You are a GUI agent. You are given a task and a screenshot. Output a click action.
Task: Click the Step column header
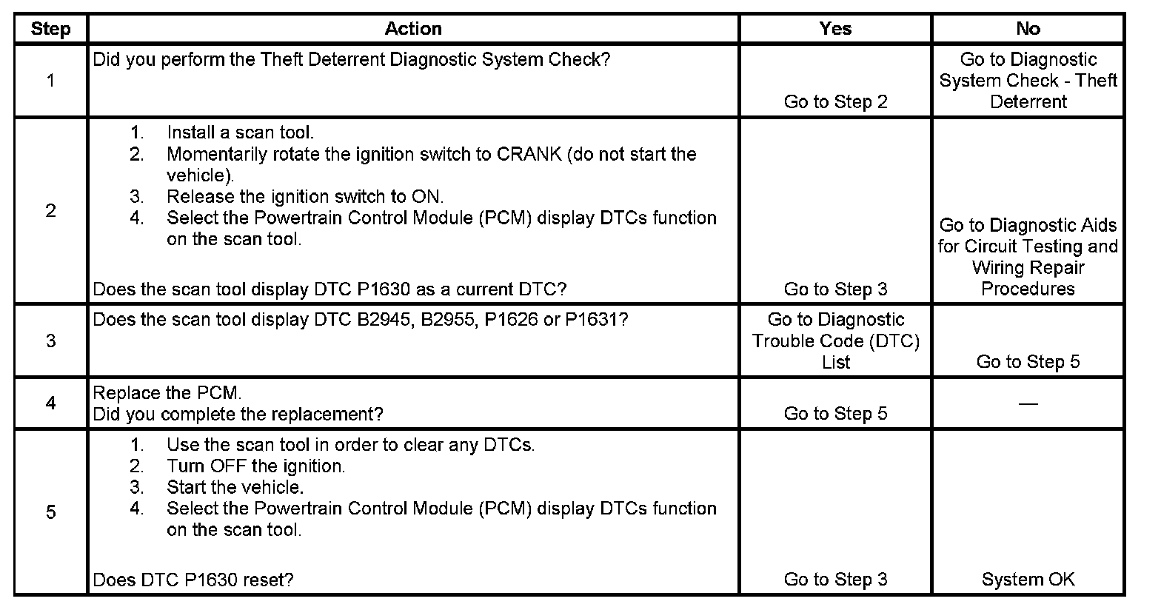point(50,29)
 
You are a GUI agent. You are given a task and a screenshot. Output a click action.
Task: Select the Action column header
point(413,29)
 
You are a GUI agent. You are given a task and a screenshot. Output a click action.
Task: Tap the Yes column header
point(835,29)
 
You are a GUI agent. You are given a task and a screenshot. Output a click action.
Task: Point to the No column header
point(1028,29)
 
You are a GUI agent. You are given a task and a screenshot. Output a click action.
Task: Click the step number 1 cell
point(50,80)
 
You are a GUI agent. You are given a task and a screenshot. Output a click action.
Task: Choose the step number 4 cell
point(50,403)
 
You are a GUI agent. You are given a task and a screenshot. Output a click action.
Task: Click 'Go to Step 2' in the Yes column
point(835,101)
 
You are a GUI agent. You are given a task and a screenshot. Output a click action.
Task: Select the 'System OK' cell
point(1028,580)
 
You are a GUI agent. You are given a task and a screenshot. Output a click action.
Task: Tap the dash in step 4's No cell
point(1028,404)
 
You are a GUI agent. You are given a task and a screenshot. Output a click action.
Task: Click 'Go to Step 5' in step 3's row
point(1028,362)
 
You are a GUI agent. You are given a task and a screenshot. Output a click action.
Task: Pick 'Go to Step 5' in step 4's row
point(835,414)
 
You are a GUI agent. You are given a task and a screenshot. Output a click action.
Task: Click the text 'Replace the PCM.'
point(167,393)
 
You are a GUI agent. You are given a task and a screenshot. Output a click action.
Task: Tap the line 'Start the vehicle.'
point(235,488)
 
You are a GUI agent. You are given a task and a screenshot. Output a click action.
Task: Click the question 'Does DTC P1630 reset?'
point(193,580)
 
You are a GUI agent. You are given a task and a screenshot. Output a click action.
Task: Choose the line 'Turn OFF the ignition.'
point(255,466)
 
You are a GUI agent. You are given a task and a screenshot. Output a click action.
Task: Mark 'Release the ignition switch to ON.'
point(304,197)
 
